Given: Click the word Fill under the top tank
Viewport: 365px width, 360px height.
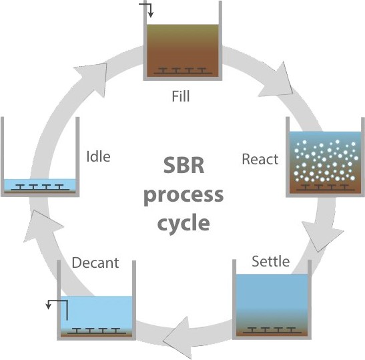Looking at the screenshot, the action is (181, 96).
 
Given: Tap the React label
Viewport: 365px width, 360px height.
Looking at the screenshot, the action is (260, 160).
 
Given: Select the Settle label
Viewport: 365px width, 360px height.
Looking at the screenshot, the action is (271, 261).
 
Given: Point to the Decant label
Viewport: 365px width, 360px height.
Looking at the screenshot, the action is (95, 262).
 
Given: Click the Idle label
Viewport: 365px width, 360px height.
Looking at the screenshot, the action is (98, 156).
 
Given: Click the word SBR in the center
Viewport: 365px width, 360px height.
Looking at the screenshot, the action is (184, 165).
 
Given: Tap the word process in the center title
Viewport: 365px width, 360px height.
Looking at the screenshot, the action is (184, 196).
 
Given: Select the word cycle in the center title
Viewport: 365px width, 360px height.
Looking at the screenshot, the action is (184, 223).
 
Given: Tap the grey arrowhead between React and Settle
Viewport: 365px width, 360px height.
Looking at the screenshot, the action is (322, 236).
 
